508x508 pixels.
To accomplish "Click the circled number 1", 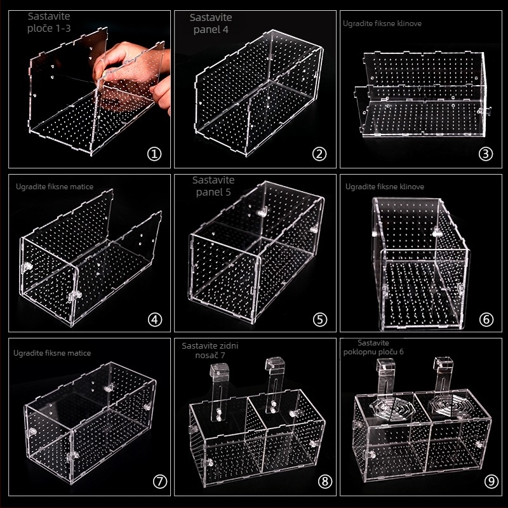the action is point(154,154).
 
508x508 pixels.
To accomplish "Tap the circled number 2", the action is point(319,154).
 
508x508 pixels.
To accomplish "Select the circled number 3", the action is point(485,154).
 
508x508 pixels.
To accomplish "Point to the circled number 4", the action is point(154,320).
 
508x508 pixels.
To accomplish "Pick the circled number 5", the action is point(320,320).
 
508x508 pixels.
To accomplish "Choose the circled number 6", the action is point(486,320).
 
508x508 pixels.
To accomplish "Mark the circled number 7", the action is point(160,481).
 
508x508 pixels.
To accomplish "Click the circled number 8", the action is point(325,481).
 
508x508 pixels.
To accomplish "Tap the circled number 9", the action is point(491,481).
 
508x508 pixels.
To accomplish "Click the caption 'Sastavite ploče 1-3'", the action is point(49,22).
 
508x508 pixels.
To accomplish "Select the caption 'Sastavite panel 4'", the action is point(211,23).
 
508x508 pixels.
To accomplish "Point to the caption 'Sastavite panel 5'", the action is point(213,186).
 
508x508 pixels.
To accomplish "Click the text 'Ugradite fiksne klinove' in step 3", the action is point(382,23).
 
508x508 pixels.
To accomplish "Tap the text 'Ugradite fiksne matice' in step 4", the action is point(55,187).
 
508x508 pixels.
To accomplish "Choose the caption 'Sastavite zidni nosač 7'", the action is point(210,351).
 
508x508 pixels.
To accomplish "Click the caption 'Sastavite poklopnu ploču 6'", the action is point(373,347).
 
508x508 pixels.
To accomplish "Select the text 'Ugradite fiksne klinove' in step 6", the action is point(385,187).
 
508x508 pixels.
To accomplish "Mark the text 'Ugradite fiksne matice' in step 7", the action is point(52,353).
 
